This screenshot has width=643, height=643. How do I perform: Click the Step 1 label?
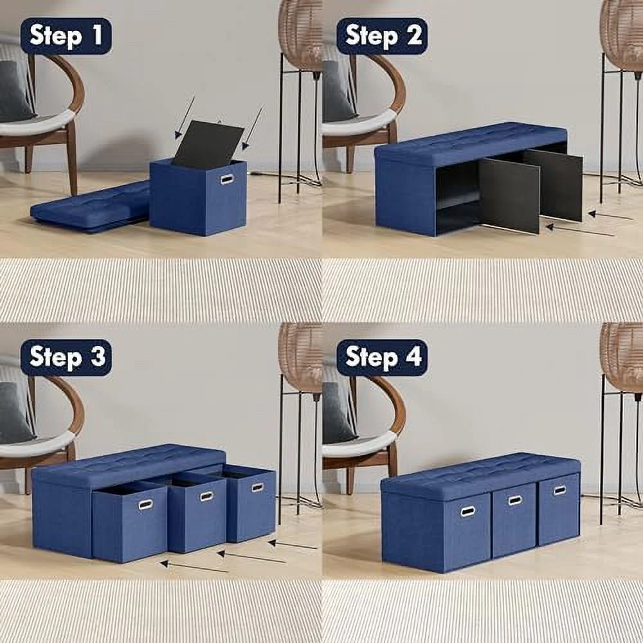point(66,36)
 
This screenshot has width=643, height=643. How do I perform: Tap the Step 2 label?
point(382,36)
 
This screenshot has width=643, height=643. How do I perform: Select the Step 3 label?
point(66,358)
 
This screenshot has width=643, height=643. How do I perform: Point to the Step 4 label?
point(382,358)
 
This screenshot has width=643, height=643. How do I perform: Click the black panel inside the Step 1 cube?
point(207,145)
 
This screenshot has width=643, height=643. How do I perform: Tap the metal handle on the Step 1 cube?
point(228,179)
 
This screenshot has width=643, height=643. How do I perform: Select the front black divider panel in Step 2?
point(509,195)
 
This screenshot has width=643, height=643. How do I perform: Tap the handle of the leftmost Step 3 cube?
point(146,505)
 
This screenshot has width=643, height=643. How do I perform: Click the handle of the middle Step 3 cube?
point(206,496)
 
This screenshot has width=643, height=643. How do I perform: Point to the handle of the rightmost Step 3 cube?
point(257,487)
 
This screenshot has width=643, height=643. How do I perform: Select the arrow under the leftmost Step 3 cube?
point(194,566)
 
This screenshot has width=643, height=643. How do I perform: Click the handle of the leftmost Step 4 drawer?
point(467,512)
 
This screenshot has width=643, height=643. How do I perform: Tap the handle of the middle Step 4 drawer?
point(515,500)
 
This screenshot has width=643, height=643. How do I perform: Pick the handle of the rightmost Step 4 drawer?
point(560,490)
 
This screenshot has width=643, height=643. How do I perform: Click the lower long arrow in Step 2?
point(579,230)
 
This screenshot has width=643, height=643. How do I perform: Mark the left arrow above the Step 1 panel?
point(185,118)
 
